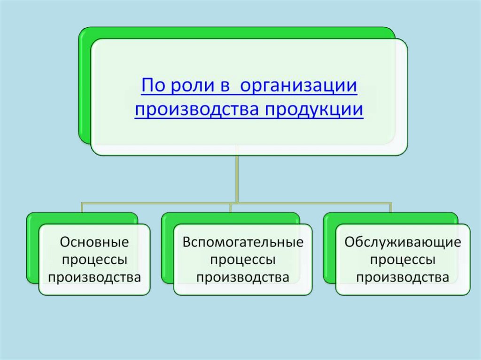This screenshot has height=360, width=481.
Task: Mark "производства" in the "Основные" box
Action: [94, 276]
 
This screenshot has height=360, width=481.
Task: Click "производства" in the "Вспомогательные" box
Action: [243, 276]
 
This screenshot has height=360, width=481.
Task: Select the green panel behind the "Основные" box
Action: [32, 249]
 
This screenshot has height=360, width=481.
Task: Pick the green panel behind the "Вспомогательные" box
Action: [167, 249]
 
